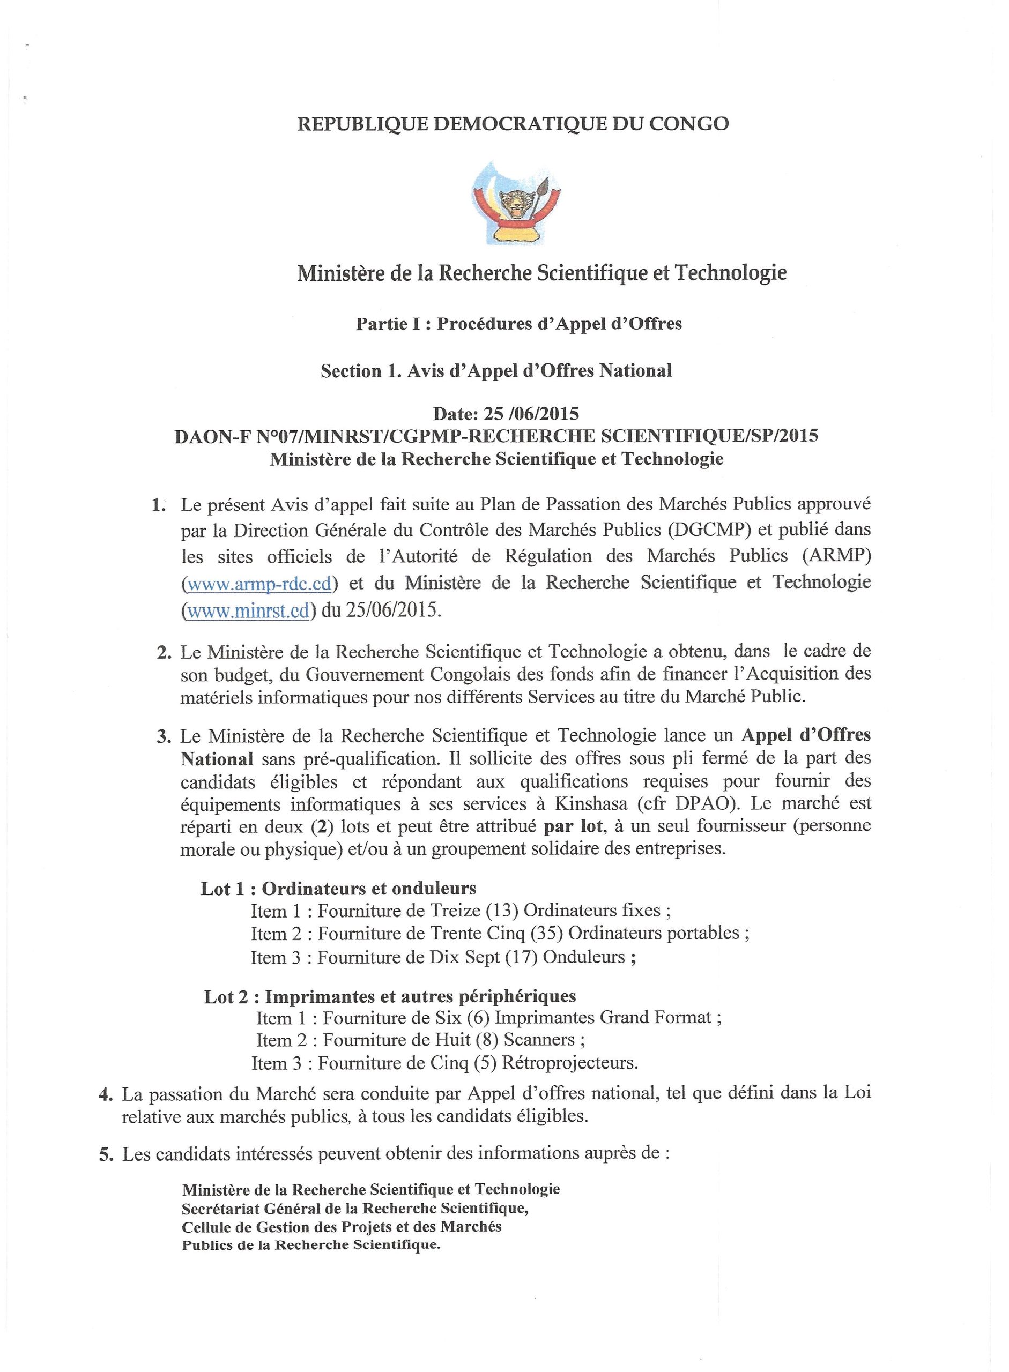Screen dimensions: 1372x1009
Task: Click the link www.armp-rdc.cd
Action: (259, 584)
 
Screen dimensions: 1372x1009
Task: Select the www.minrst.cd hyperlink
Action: (248, 611)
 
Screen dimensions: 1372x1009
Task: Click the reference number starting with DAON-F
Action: (496, 437)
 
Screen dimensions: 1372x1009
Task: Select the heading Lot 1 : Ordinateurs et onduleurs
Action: (338, 889)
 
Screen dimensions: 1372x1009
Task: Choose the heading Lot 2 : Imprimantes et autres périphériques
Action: (390, 996)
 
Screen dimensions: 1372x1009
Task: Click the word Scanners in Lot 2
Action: (538, 1040)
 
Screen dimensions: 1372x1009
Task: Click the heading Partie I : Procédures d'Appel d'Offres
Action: (518, 324)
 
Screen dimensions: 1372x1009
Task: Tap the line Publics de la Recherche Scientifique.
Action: (310, 1262)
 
